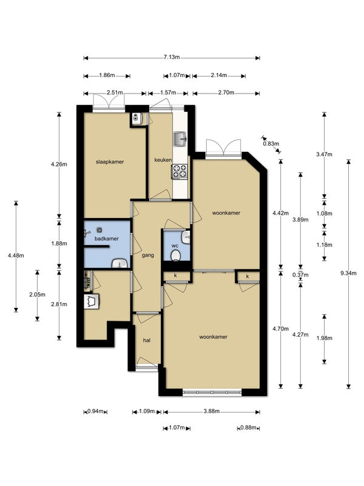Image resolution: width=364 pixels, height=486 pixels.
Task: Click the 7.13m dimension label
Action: tap(172, 57)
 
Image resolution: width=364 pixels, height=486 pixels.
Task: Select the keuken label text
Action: tap(163, 160)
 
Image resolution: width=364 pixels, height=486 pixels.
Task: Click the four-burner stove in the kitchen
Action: tap(180, 171)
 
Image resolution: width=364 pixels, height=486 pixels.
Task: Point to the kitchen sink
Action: tap(180, 139)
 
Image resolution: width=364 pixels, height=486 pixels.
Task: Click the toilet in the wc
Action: tap(176, 256)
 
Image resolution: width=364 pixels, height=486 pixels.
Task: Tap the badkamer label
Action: tap(107, 239)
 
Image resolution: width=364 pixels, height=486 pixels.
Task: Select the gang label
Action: tap(147, 255)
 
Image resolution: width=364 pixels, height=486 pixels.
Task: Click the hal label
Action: tap(147, 340)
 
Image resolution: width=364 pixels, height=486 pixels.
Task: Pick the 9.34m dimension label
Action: tap(348, 273)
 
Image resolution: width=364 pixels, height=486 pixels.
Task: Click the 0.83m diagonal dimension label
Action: tap(271, 143)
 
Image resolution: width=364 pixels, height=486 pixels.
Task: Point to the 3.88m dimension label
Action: tap(211, 411)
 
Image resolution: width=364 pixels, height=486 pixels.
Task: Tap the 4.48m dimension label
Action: tap(16, 256)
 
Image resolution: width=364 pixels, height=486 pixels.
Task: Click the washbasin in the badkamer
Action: tap(120, 263)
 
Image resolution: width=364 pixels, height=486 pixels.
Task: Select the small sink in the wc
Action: tap(186, 237)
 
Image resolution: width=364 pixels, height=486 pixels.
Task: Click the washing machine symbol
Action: tap(92, 301)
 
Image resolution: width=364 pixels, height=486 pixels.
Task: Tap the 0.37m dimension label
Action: tap(300, 275)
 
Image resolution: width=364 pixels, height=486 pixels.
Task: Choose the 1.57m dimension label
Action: tap(168, 92)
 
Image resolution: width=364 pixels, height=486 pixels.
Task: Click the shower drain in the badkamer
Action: tap(99, 230)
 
